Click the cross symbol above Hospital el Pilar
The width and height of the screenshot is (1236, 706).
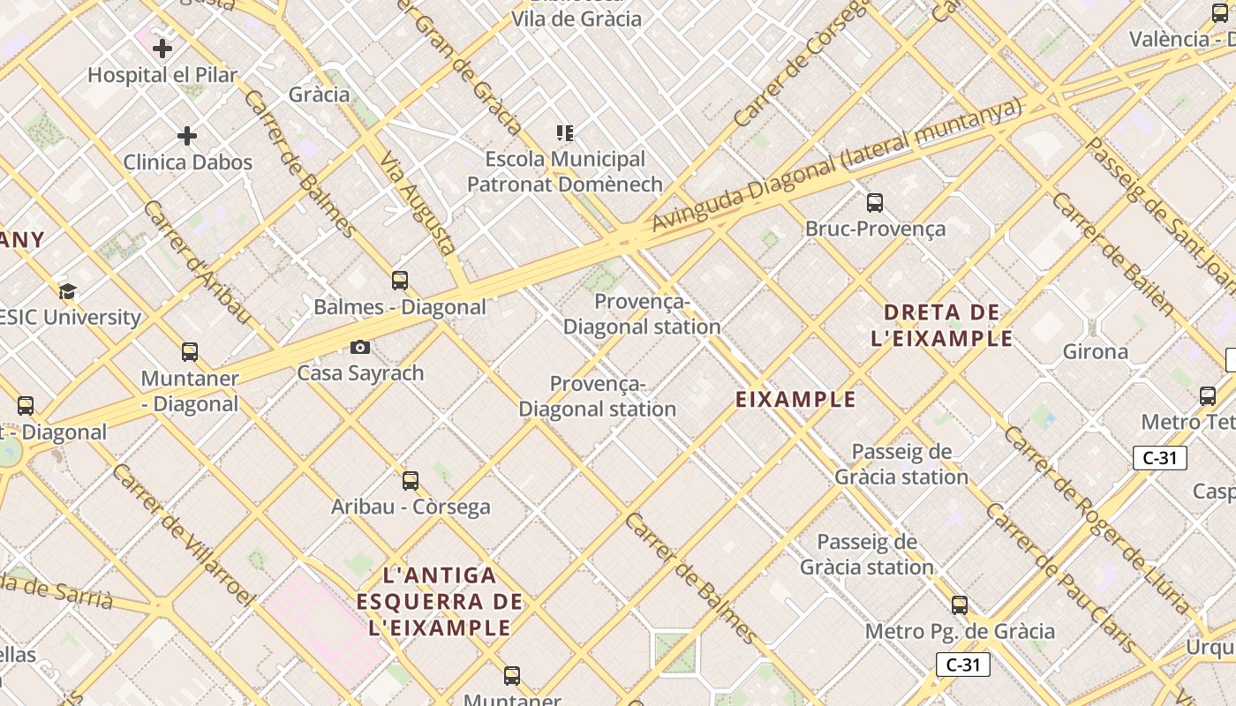click(x=162, y=49)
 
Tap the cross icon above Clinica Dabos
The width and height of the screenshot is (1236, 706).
click(x=187, y=136)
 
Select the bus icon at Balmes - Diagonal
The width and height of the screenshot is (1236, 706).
click(x=400, y=281)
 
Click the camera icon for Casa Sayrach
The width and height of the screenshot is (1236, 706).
click(x=359, y=347)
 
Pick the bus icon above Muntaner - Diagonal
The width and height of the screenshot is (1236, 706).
click(x=190, y=352)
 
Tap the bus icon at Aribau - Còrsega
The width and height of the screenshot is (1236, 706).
click(x=411, y=481)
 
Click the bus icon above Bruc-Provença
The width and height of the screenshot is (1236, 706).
click(x=875, y=203)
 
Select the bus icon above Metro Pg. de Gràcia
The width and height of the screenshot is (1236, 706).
click(x=960, y=605)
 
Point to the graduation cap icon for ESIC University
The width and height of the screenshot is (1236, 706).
click(x=67, y=291)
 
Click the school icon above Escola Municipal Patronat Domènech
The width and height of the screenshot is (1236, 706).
click(x=565, y=133)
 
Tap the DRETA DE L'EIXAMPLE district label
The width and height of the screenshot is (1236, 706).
click(x=942, y=325)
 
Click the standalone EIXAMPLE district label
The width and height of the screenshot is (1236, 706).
click(x=795, y=400)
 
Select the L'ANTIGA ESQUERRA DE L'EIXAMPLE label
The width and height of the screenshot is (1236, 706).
click(x=441, y=602)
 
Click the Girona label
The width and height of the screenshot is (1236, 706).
click(x=1095, y=352)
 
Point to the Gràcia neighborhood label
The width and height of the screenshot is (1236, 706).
click(x=319, y=94)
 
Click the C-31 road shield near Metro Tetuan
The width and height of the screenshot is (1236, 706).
click(x=1159, y=458)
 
